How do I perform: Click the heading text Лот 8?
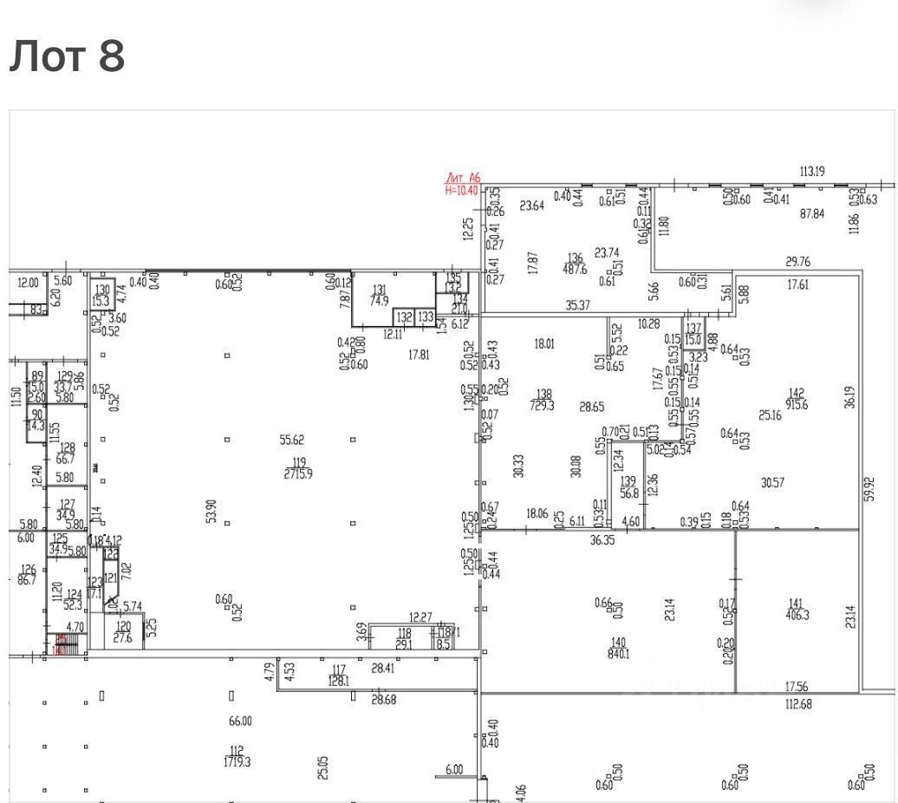68,56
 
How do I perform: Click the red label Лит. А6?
462,178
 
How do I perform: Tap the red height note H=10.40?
461,189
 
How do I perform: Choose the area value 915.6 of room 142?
796,405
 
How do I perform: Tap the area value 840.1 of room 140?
617,655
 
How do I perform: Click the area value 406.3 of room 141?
796,615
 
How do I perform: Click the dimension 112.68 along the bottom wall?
797,704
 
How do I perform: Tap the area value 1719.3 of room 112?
237,762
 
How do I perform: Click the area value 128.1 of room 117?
339,682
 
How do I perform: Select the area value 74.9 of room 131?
379,302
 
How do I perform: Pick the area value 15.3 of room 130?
102,302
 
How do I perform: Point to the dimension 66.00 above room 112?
240,721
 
